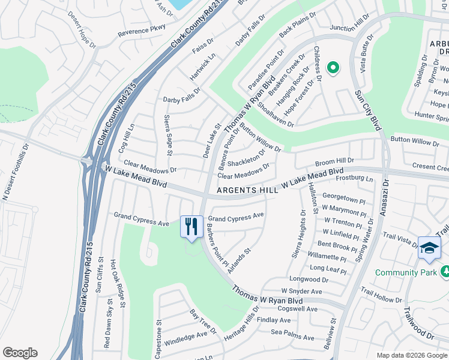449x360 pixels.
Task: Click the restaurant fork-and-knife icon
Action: click(191, 227)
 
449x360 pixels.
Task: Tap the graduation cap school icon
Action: click(429, 248)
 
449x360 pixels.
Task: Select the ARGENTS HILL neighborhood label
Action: click(247, 190)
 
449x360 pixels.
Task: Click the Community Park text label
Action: click(405, 272)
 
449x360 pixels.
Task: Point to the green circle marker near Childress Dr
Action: click(332, 67)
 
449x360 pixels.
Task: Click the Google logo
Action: click(20, 353)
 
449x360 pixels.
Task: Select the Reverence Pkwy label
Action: click(141, 31)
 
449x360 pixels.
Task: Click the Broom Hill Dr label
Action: click(334, 162)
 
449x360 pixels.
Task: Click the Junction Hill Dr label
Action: click(349, 28)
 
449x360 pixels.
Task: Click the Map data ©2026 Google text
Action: click(411, 355)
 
